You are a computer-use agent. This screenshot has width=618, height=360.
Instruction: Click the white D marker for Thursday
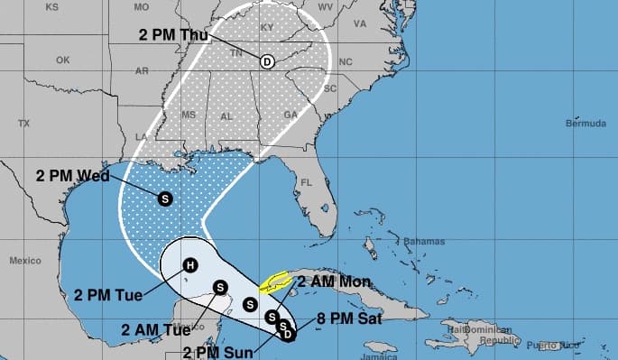267,61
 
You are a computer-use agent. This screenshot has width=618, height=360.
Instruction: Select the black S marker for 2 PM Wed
164,198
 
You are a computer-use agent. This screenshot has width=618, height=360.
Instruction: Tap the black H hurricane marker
189,265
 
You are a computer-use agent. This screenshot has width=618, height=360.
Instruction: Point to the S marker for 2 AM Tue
219,287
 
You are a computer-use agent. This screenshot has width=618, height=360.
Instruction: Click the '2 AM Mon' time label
333,282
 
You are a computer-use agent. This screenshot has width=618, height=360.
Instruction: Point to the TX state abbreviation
24,123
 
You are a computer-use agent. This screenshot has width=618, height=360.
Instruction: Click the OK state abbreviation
62,60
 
